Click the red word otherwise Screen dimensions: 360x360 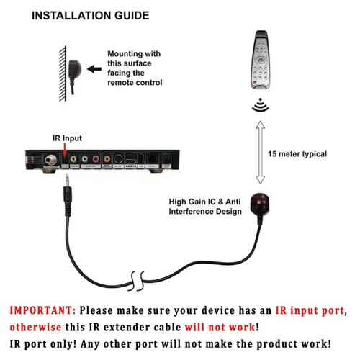tap(39, 327)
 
